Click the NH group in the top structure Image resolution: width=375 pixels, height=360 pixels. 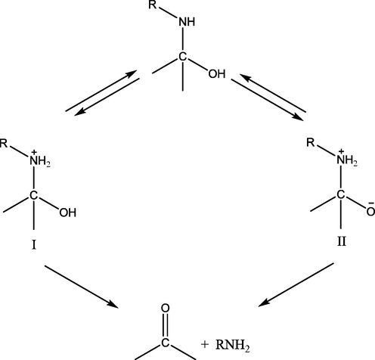[187, 22]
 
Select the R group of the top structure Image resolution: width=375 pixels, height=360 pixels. [153, 5]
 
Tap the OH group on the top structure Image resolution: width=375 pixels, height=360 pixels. [217, 74]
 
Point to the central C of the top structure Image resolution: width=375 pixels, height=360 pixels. [183, 57]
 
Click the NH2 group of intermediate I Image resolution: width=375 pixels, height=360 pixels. [40, 161]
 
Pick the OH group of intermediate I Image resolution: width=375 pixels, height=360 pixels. [68, 213]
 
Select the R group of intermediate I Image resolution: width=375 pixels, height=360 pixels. [4, 143]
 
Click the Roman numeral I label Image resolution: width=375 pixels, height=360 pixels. [34, 244]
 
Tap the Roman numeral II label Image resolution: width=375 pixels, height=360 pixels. [342, 242]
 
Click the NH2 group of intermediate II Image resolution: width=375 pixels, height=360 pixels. [347, 160]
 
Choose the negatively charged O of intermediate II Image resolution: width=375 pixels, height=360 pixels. [370, 211]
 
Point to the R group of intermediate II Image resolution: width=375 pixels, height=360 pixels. [311, 143]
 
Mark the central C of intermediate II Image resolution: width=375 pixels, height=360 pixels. [340, 195]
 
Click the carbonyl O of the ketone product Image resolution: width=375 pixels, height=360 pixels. [165, 308]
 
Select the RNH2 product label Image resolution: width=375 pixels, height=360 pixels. [233, 345]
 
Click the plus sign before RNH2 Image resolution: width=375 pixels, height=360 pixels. [205, 344]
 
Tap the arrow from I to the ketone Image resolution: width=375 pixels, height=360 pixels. [82, 287]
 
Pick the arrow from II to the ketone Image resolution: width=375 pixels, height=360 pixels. [296, 285]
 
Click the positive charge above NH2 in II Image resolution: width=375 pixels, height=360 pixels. [341, 151]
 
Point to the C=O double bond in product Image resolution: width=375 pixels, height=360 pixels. [165, 325]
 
